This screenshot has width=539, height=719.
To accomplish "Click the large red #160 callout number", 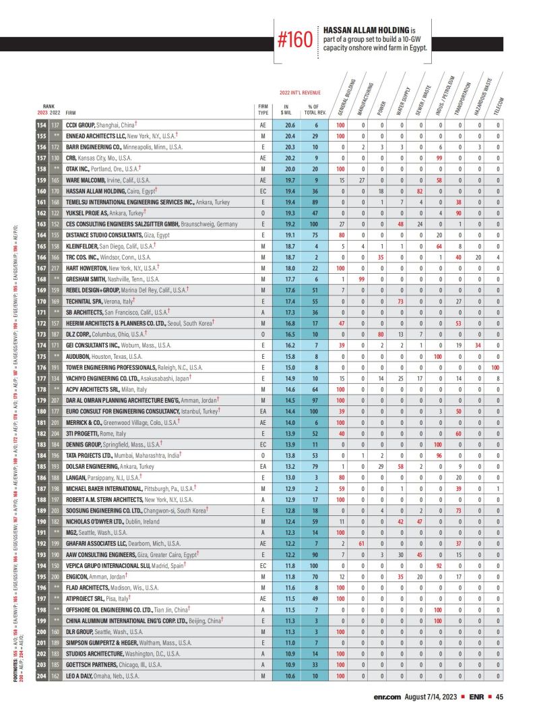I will (295, 40).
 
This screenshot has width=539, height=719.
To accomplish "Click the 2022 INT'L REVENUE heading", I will (300, 92).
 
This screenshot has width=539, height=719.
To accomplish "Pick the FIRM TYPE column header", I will (263, 109).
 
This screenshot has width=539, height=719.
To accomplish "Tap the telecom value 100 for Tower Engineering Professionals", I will (495, 367).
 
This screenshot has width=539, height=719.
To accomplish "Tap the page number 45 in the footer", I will (500, 697).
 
